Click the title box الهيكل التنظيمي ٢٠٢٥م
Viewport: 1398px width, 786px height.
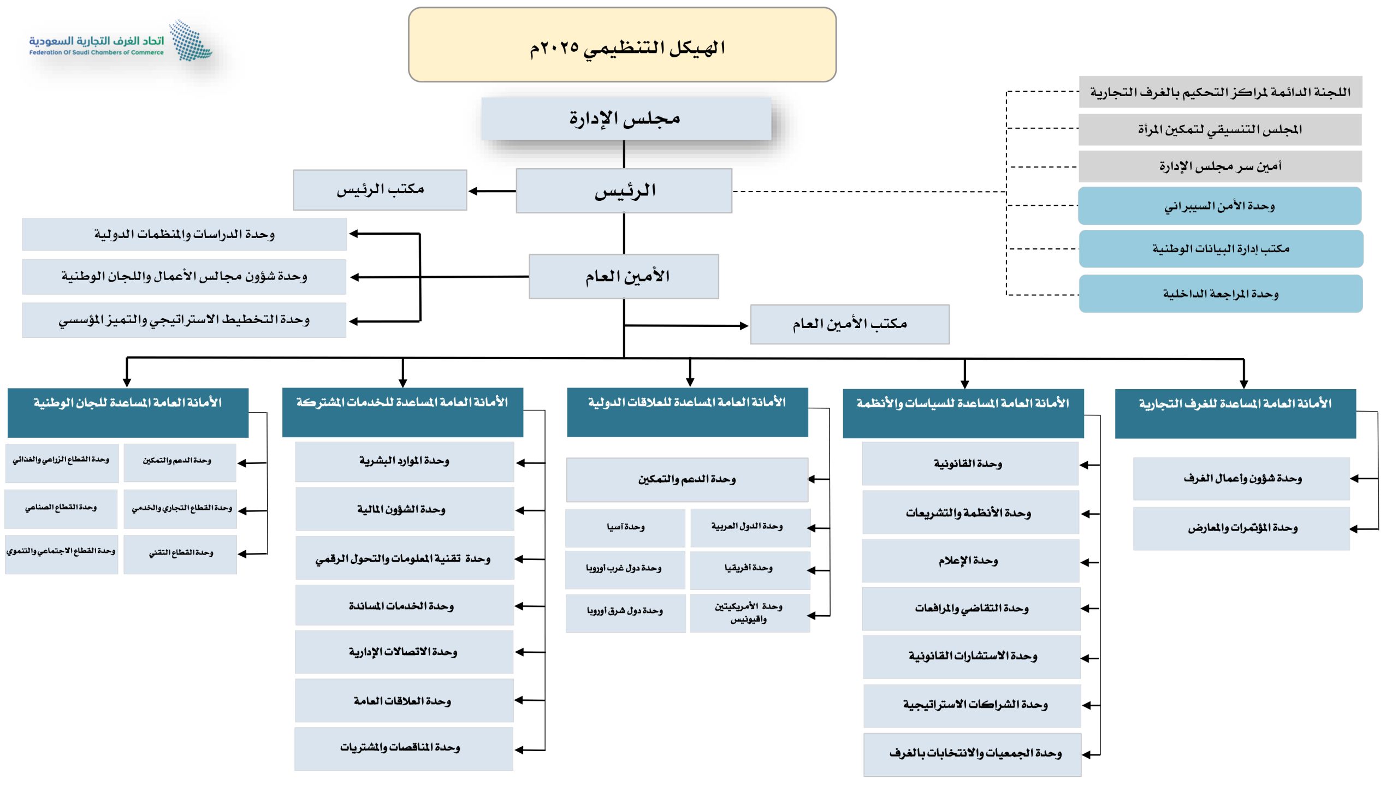click(622, 45)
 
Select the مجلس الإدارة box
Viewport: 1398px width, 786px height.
click(626, 118)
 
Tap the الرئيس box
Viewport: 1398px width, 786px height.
click(624, 190)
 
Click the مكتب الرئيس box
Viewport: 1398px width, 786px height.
click(380, 190)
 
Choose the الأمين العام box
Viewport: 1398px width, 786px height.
click(624, 276)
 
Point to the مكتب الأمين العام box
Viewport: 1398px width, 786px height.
click(850, 324)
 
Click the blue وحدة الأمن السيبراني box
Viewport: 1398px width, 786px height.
click(1219, 206)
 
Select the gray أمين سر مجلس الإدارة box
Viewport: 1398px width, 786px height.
click(1220, 166)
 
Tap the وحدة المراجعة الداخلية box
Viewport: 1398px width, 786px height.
click(1221, 294)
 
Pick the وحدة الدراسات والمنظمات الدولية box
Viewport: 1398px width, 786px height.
click(184, 235)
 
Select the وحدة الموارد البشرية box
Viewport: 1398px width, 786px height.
click(404, 462)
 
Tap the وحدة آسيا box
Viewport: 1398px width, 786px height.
click(625, 528)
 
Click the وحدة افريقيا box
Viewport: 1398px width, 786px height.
click(749, 569)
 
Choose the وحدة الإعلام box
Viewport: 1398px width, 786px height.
click(970, 561)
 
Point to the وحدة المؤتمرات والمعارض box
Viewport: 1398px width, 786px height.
click(1241, 528)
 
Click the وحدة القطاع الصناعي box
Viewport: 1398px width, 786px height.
click(61, 508)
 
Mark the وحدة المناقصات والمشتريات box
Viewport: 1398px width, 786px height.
click(404, 748)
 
